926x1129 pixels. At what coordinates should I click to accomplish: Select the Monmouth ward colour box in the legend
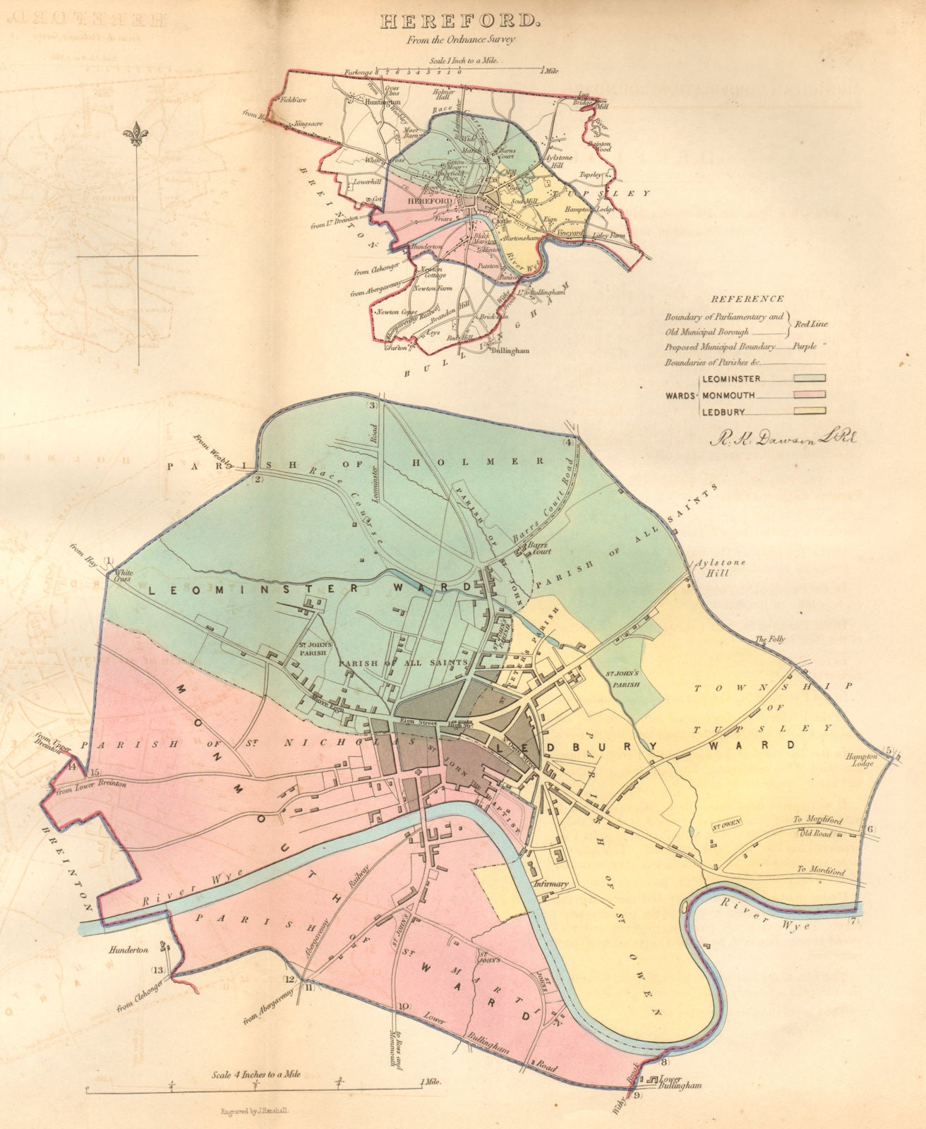coord(810,395)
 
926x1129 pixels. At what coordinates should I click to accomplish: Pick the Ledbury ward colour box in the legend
coord(810,411)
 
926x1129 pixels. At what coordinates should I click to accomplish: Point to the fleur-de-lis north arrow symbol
coord(136,134)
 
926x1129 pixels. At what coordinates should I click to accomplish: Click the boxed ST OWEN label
coord(724,825)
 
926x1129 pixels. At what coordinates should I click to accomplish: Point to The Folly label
coord(769,640)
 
